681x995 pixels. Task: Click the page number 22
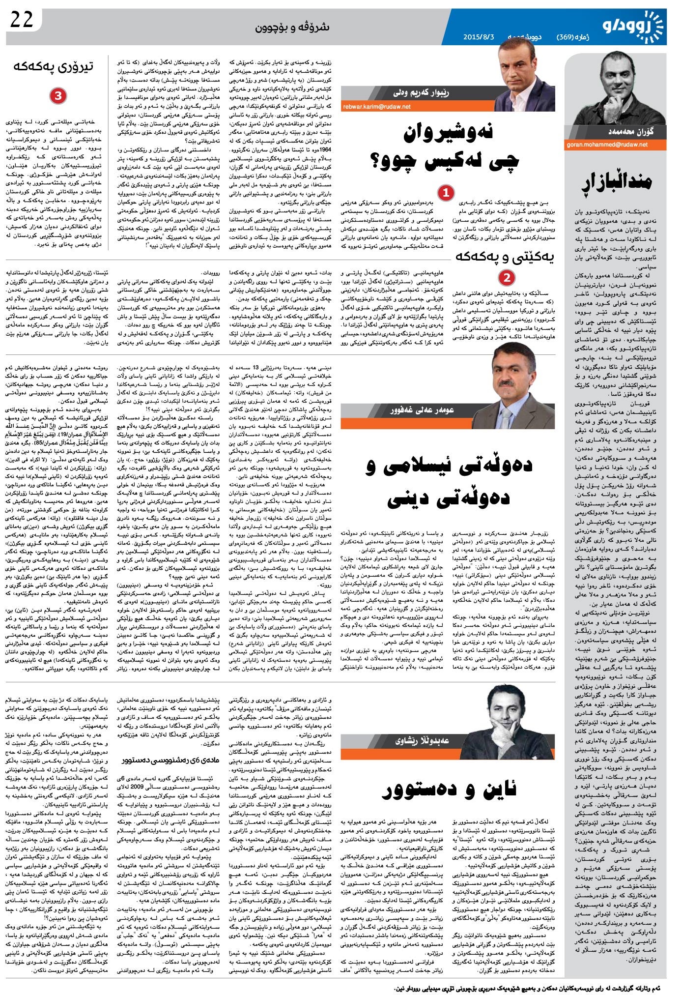coord(22,20)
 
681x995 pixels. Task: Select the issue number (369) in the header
coord(568,37)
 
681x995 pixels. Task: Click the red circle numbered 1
coord(446,193)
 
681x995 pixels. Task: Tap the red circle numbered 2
coord(507,278)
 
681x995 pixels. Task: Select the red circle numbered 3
coord(57,96)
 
